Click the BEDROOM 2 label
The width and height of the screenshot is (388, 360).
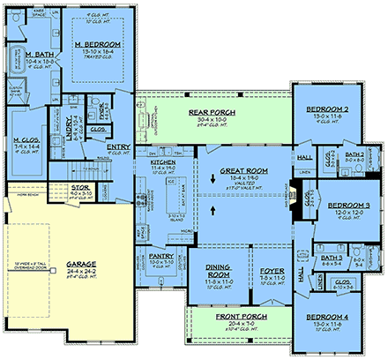coord(328,109)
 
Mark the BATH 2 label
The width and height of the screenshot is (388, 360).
coord(354,154)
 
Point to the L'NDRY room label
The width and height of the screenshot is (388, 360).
coord(78,127)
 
